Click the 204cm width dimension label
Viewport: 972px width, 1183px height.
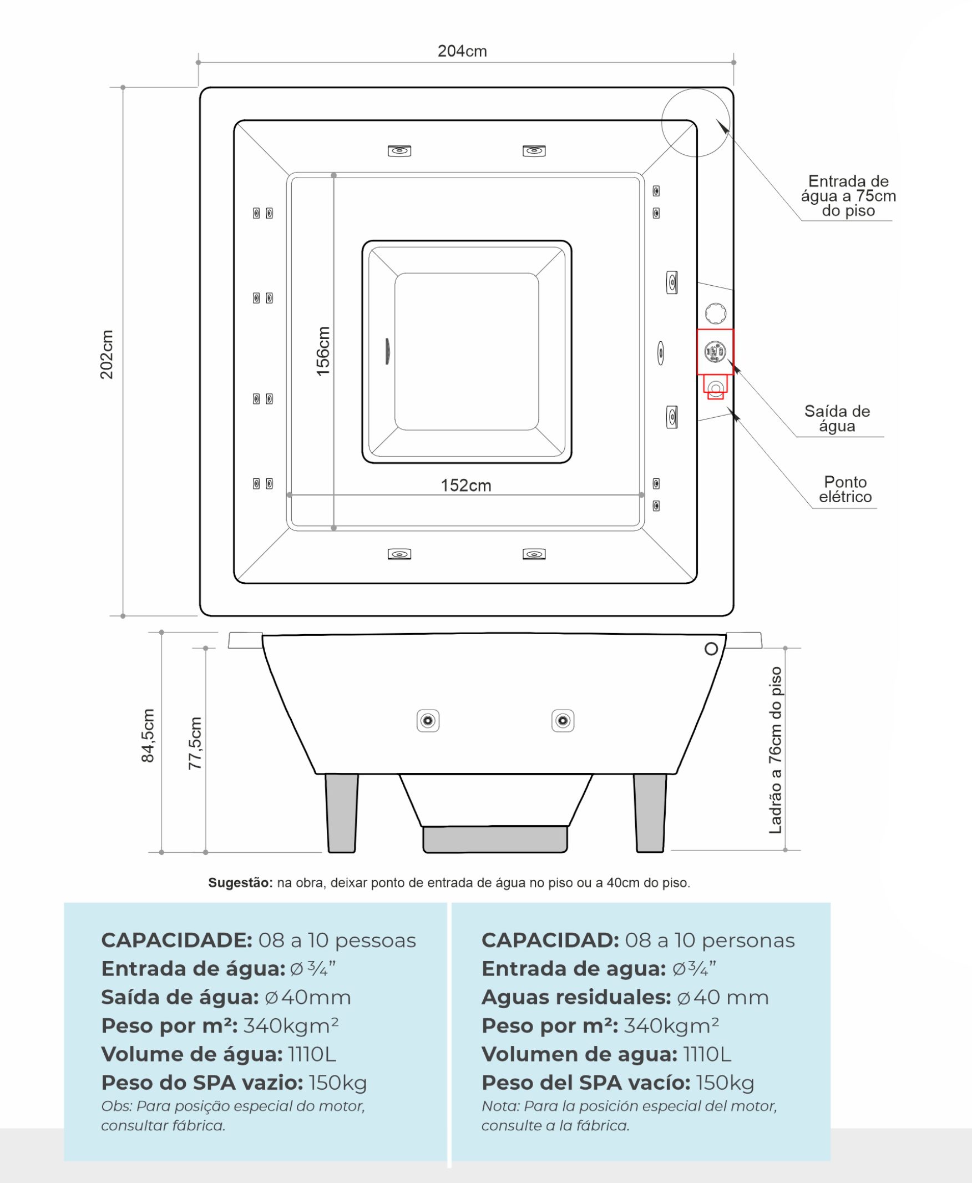[x=462, y=51]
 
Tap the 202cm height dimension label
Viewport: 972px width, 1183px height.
[x=107, y=354]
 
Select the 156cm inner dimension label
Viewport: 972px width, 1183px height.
[x=323, y=351]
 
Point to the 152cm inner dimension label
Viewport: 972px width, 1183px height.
[x=465, y=485]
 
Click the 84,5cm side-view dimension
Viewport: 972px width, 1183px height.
[x=148, y=735]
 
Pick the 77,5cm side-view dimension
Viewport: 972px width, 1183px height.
[x=195, y=743]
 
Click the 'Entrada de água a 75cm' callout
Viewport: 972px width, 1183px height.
[x=848, y=196]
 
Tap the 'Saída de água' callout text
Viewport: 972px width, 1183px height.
[x=837, y=418]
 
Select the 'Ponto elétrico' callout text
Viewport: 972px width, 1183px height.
[x=845, y=489]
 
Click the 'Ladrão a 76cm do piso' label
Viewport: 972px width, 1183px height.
[x=776, y=750]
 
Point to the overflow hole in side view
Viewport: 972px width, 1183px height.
[x=711, y=649]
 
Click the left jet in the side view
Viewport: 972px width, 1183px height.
[x=428, y=721]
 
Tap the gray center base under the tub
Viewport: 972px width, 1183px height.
[x=495, y=838]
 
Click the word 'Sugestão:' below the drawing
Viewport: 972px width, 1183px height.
[x=240, y=882]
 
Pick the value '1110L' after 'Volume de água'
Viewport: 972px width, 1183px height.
[x=312, y=1054]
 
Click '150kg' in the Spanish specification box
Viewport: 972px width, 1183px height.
[x=725, y=1082]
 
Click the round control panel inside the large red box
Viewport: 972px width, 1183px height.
[x=715, y=352]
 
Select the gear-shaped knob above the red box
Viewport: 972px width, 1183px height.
[x=716, y=313]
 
